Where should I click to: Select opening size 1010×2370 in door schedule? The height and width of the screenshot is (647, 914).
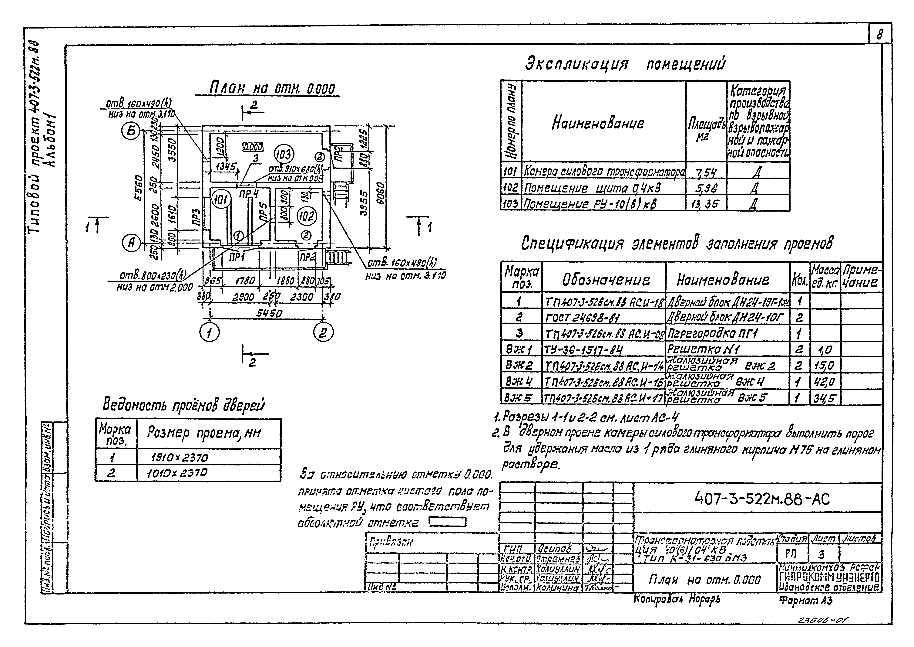click(x=180, y=473)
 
